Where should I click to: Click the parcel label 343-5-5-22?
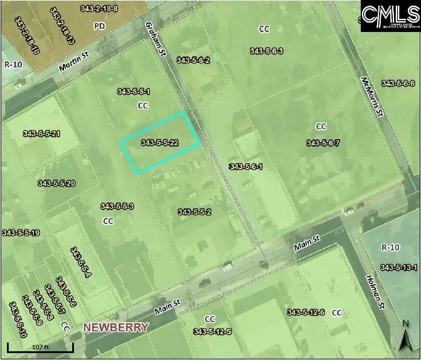pos(160,143)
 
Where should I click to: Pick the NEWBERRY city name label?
pos(116,327)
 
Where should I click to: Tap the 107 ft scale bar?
pos(40,346)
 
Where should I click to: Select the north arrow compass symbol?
pos(407,337)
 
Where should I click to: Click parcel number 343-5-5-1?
pos(133,92)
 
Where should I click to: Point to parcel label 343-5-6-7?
pos(323,143)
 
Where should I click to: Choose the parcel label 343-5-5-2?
pos(194,212)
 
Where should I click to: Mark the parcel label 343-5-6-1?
pos(245,166)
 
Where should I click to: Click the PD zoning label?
pos(99,26)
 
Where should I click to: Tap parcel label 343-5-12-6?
pos(306,312)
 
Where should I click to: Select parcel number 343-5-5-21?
pos(41,134)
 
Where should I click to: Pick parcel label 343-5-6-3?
pos(267,51)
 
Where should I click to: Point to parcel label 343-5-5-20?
pos(56,183)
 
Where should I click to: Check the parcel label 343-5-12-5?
pos(213,331)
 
